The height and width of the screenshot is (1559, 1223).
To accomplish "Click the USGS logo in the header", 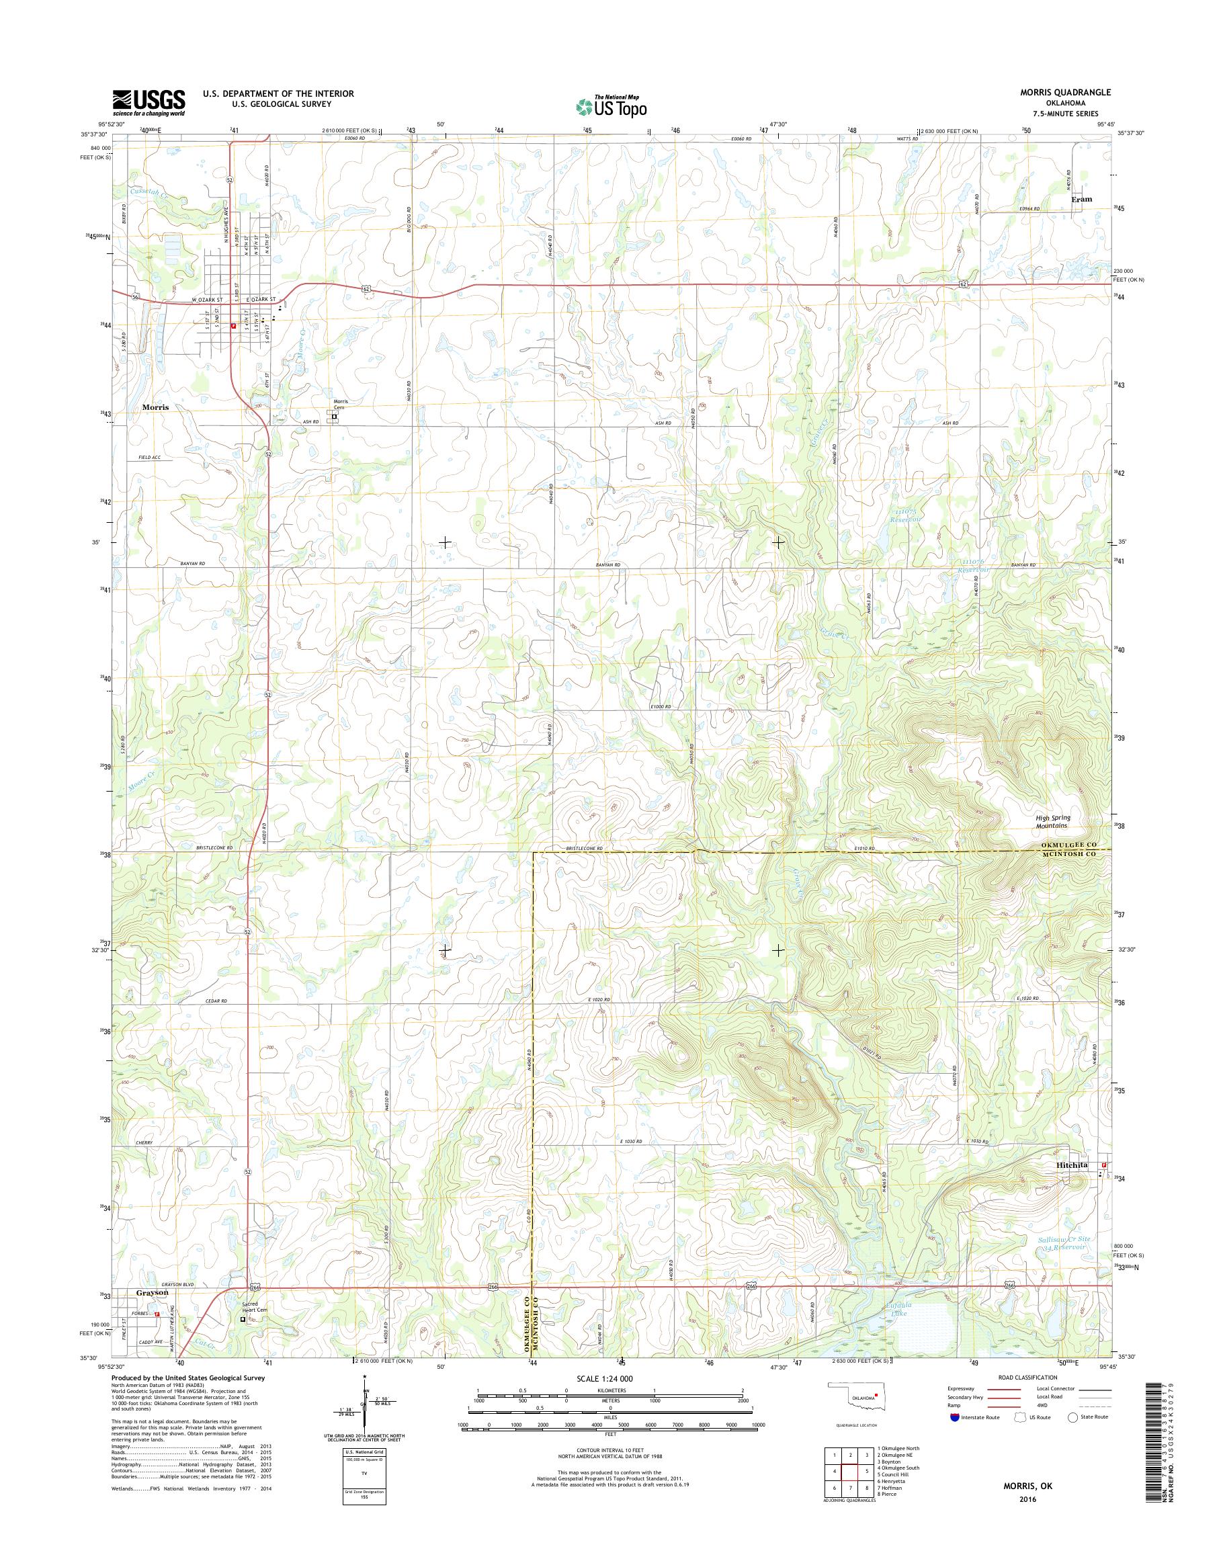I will (149, 102).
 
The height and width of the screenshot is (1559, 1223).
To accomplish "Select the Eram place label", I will (1081, 199).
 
